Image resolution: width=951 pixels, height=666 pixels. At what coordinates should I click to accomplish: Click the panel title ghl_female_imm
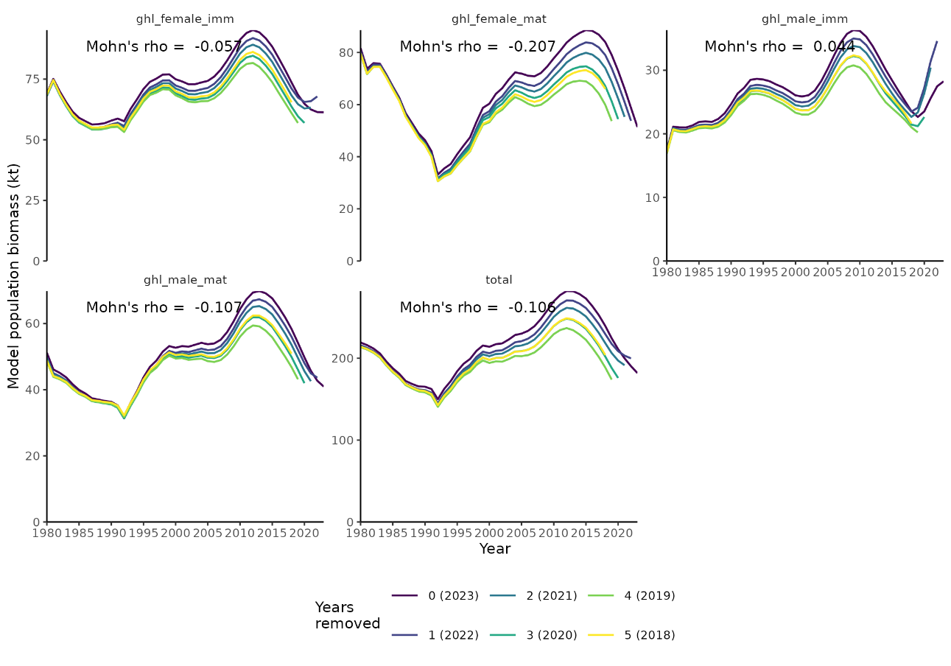[x=185, y=19]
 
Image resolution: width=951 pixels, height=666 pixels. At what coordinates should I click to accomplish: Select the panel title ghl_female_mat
[x=499, y=19]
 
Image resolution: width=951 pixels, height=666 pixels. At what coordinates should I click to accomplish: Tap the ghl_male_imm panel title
[x=804, y=19]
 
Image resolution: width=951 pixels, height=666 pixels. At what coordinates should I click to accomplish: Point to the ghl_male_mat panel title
[x=185, y=280]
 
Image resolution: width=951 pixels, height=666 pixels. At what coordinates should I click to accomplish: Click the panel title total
[x=499, y=280]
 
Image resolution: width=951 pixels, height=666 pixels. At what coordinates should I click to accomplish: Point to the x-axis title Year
[x=495, y=549]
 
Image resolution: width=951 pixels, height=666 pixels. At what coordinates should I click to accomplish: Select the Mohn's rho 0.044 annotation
[x=779, y=47]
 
